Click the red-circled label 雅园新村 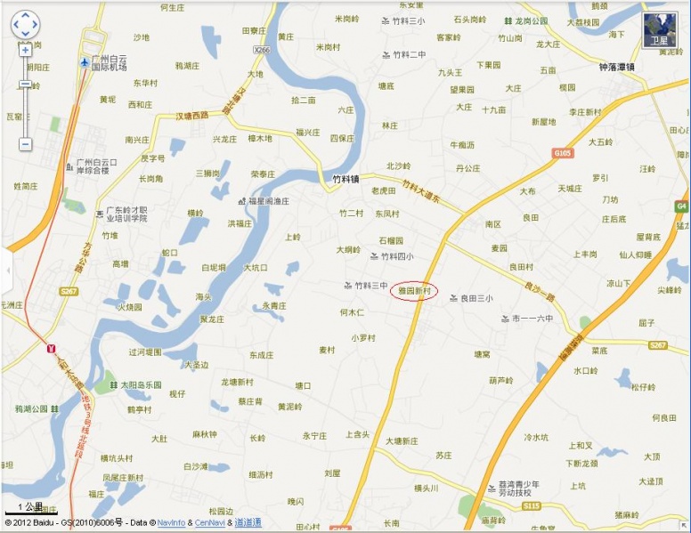pos(414,291)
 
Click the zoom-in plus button pos(25,50)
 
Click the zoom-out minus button pos(25,143)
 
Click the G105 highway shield pos(562,153)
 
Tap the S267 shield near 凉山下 pos(658,345)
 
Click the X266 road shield pos(262,51)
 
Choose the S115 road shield pos(532,505)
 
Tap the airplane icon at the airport pos(84,62)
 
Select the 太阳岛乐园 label pos(142,385)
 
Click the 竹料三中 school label pos(371,286)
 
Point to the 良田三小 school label pos(476,298)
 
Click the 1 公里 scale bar pos(30,508)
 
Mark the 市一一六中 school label pos(532,319)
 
